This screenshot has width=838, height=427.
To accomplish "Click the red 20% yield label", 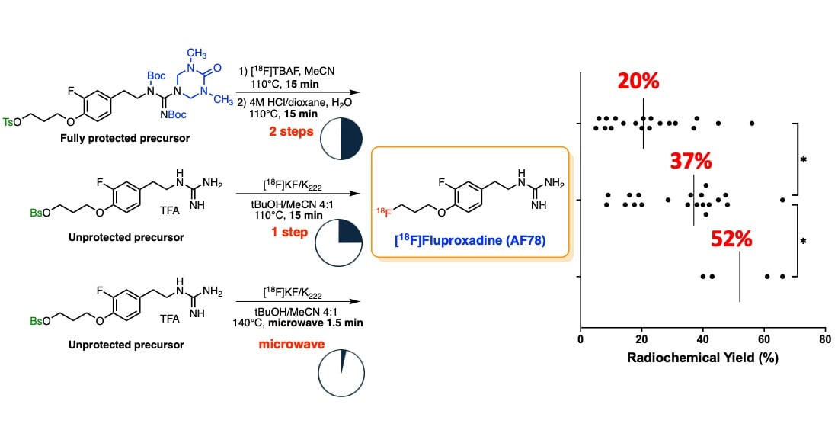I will [x=639, y=82].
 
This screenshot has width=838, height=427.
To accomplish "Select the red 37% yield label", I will [x=690, y=161].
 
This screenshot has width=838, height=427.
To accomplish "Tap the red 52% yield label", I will [x=731, y=239].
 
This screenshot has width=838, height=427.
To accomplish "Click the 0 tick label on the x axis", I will [x=581, y=339].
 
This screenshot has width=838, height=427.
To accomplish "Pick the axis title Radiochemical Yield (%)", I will [x=702, y=359].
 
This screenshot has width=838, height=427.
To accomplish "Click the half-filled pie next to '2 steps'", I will [x=341, y=140].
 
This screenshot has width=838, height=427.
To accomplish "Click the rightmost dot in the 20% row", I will [x=752, y=123].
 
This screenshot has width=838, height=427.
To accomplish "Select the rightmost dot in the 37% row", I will [x=782, y=200].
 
